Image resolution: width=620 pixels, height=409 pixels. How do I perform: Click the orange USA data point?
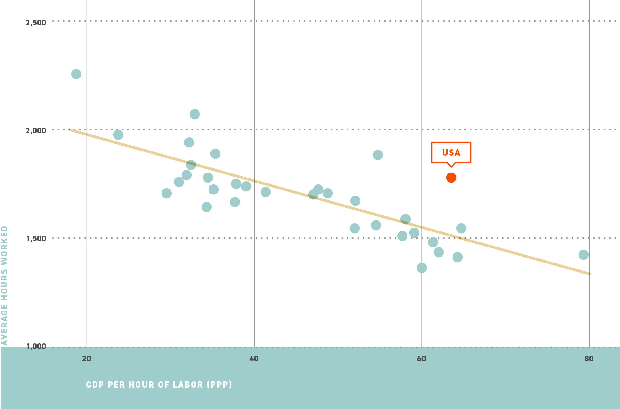tap(451, 178)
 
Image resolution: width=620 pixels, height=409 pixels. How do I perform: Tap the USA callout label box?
tap(451, 152)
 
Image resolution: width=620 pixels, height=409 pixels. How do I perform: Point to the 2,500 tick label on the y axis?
tap(36, 23)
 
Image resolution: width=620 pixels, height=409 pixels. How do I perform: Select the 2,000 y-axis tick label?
tap(36, 130)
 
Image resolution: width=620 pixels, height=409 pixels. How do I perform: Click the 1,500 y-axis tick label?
tap(36, 238)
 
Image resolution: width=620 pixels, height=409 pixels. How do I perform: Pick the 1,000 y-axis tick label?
tap(36, 346)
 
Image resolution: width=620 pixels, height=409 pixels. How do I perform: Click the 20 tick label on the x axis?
tap(87, 359)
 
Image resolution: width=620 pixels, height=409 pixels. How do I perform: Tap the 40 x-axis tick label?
tap(254, 359)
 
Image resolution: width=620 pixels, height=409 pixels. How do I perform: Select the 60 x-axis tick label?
tap(421, 359)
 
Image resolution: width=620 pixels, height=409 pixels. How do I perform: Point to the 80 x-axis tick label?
tap(589, 359)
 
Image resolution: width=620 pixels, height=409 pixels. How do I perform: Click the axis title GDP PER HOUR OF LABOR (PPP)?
tap(159, 385)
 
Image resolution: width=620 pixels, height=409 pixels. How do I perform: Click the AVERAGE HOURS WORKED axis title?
tap(4, 285)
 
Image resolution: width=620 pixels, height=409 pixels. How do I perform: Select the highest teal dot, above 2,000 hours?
tap(76, 74)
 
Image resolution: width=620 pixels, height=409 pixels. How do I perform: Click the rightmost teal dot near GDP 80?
tap(583, 255)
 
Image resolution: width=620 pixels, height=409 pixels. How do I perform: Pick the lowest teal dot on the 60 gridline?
tap(422, 268)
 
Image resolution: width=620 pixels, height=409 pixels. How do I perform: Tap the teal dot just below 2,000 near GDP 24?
tap(118, 135)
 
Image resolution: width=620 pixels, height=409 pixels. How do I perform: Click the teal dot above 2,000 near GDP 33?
tap(195, 114)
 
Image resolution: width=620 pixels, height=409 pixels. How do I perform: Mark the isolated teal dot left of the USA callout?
tap(378, 155)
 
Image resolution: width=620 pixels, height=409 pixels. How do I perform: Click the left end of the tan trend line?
tap(70, 130)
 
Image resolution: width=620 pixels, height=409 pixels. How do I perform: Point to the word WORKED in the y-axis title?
tap(4, 242)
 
